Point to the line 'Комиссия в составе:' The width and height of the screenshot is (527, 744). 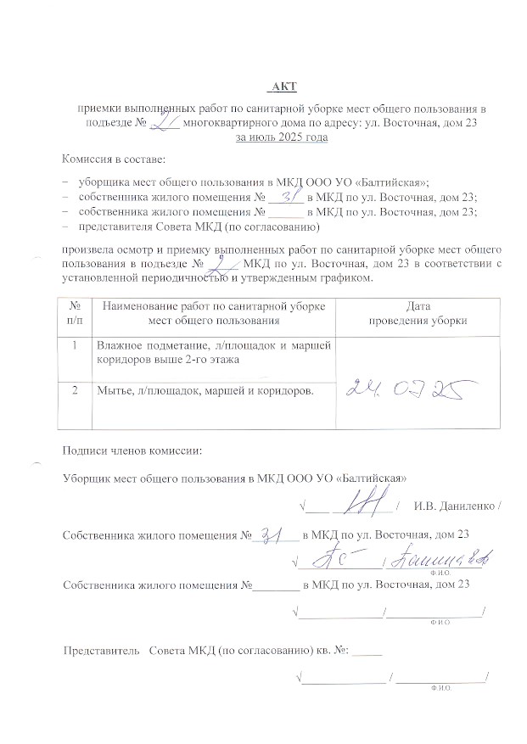(113, 159)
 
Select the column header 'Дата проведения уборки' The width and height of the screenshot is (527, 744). (413, 313)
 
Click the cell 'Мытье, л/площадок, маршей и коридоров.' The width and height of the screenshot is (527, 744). (204, 390)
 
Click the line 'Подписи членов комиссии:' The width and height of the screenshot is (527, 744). (133, 450)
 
